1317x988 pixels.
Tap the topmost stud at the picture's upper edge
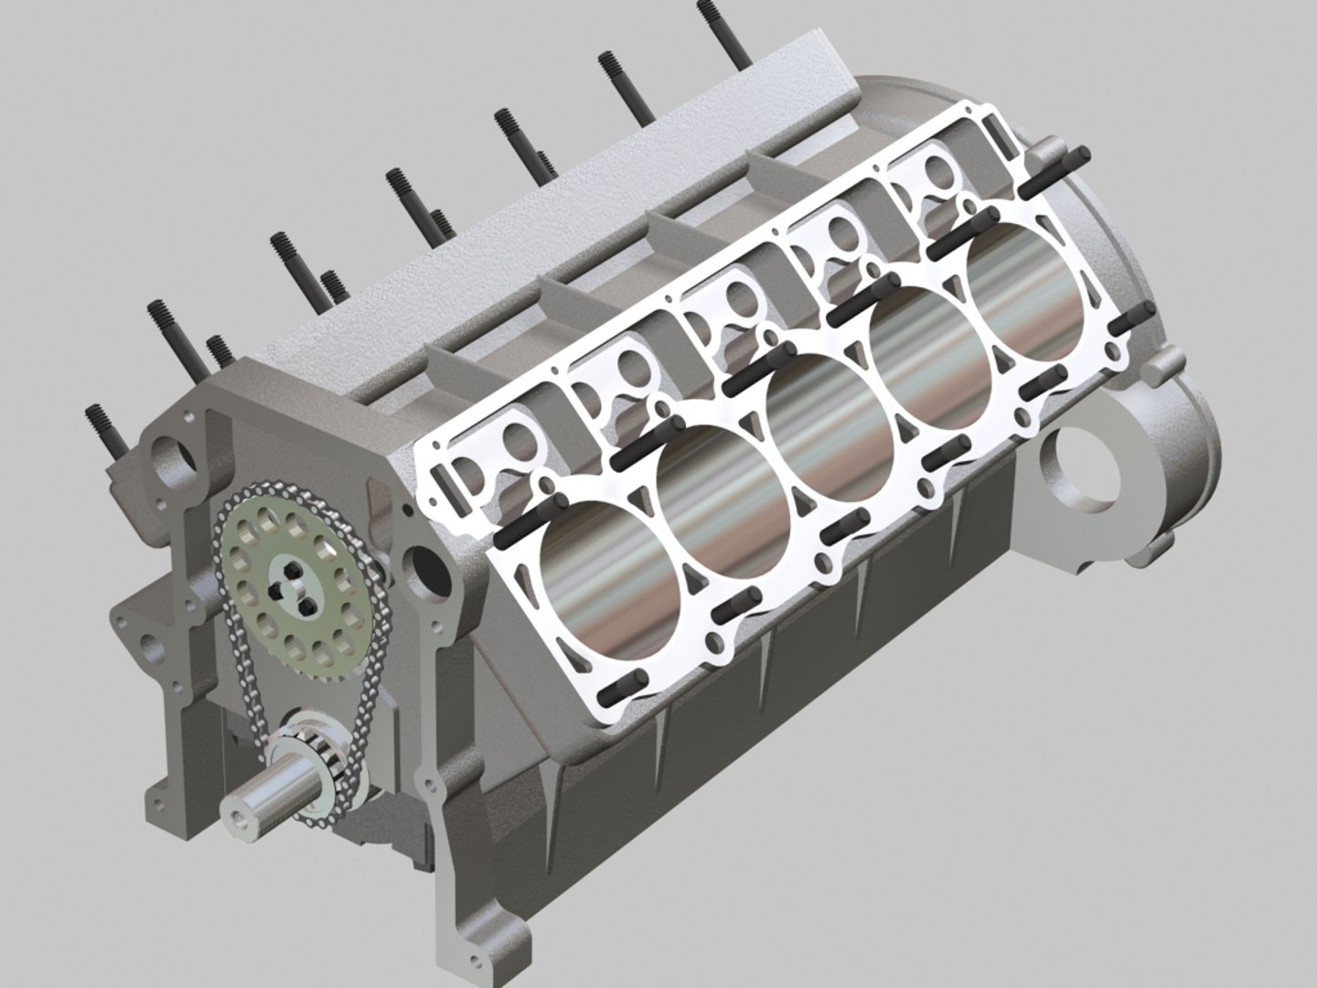723,32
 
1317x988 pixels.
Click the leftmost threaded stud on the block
105,431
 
